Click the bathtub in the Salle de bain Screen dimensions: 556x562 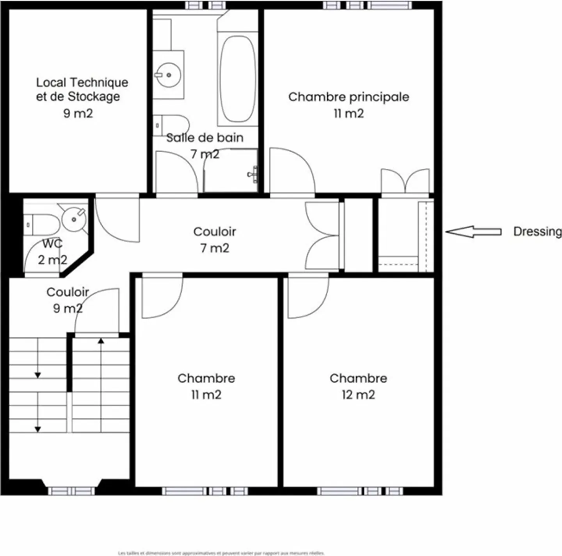[237, 79]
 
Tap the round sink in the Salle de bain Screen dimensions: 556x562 [168, 75]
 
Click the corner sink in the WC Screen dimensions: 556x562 [74, 218]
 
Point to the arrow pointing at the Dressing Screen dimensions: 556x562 [473, 232]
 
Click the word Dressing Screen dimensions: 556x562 [537, 232]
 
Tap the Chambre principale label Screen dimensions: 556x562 [349, 97]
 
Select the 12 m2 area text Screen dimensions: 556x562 [358, 395]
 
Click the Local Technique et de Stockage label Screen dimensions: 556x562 [82, 89]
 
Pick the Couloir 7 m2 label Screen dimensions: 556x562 [215, 240]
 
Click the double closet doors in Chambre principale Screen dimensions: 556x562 [405, 181]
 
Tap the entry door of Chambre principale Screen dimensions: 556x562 [291, 172]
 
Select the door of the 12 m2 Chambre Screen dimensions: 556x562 [308, 297]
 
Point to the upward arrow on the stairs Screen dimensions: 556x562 [101, 341]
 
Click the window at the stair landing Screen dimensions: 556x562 [71, 491]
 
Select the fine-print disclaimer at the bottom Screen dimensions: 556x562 [221, 553]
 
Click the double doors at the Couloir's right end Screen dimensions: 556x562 [322, 236]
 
